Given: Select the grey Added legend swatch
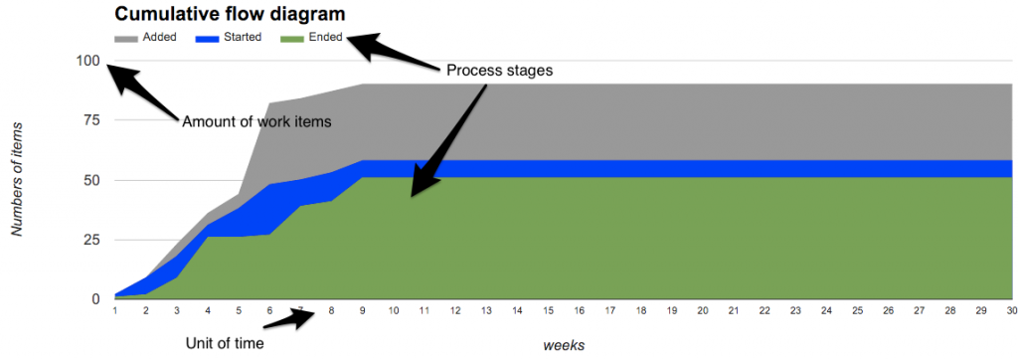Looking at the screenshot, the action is (x=127, y=38).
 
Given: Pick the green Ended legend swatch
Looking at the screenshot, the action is (x=293, y=38).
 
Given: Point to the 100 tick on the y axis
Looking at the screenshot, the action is (x=87, y=61).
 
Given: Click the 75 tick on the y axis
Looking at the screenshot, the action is (x=91, y=120).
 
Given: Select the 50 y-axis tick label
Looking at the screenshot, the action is (x=91, y=180).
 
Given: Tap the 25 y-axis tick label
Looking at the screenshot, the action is (x=91, y=240).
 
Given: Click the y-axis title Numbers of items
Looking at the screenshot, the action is (x=18, y=180).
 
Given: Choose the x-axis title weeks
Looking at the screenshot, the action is (x=563, y=344).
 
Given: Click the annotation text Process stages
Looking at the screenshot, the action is (x=499, y=72).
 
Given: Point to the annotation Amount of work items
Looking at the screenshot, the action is (x=255, y=121).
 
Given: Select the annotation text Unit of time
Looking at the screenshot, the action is (x=225, y=344).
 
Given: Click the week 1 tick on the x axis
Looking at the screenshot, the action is (x=115, y=311).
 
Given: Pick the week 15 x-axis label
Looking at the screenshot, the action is (x=517, y=311).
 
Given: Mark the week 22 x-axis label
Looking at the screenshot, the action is (x=733, y=311).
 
